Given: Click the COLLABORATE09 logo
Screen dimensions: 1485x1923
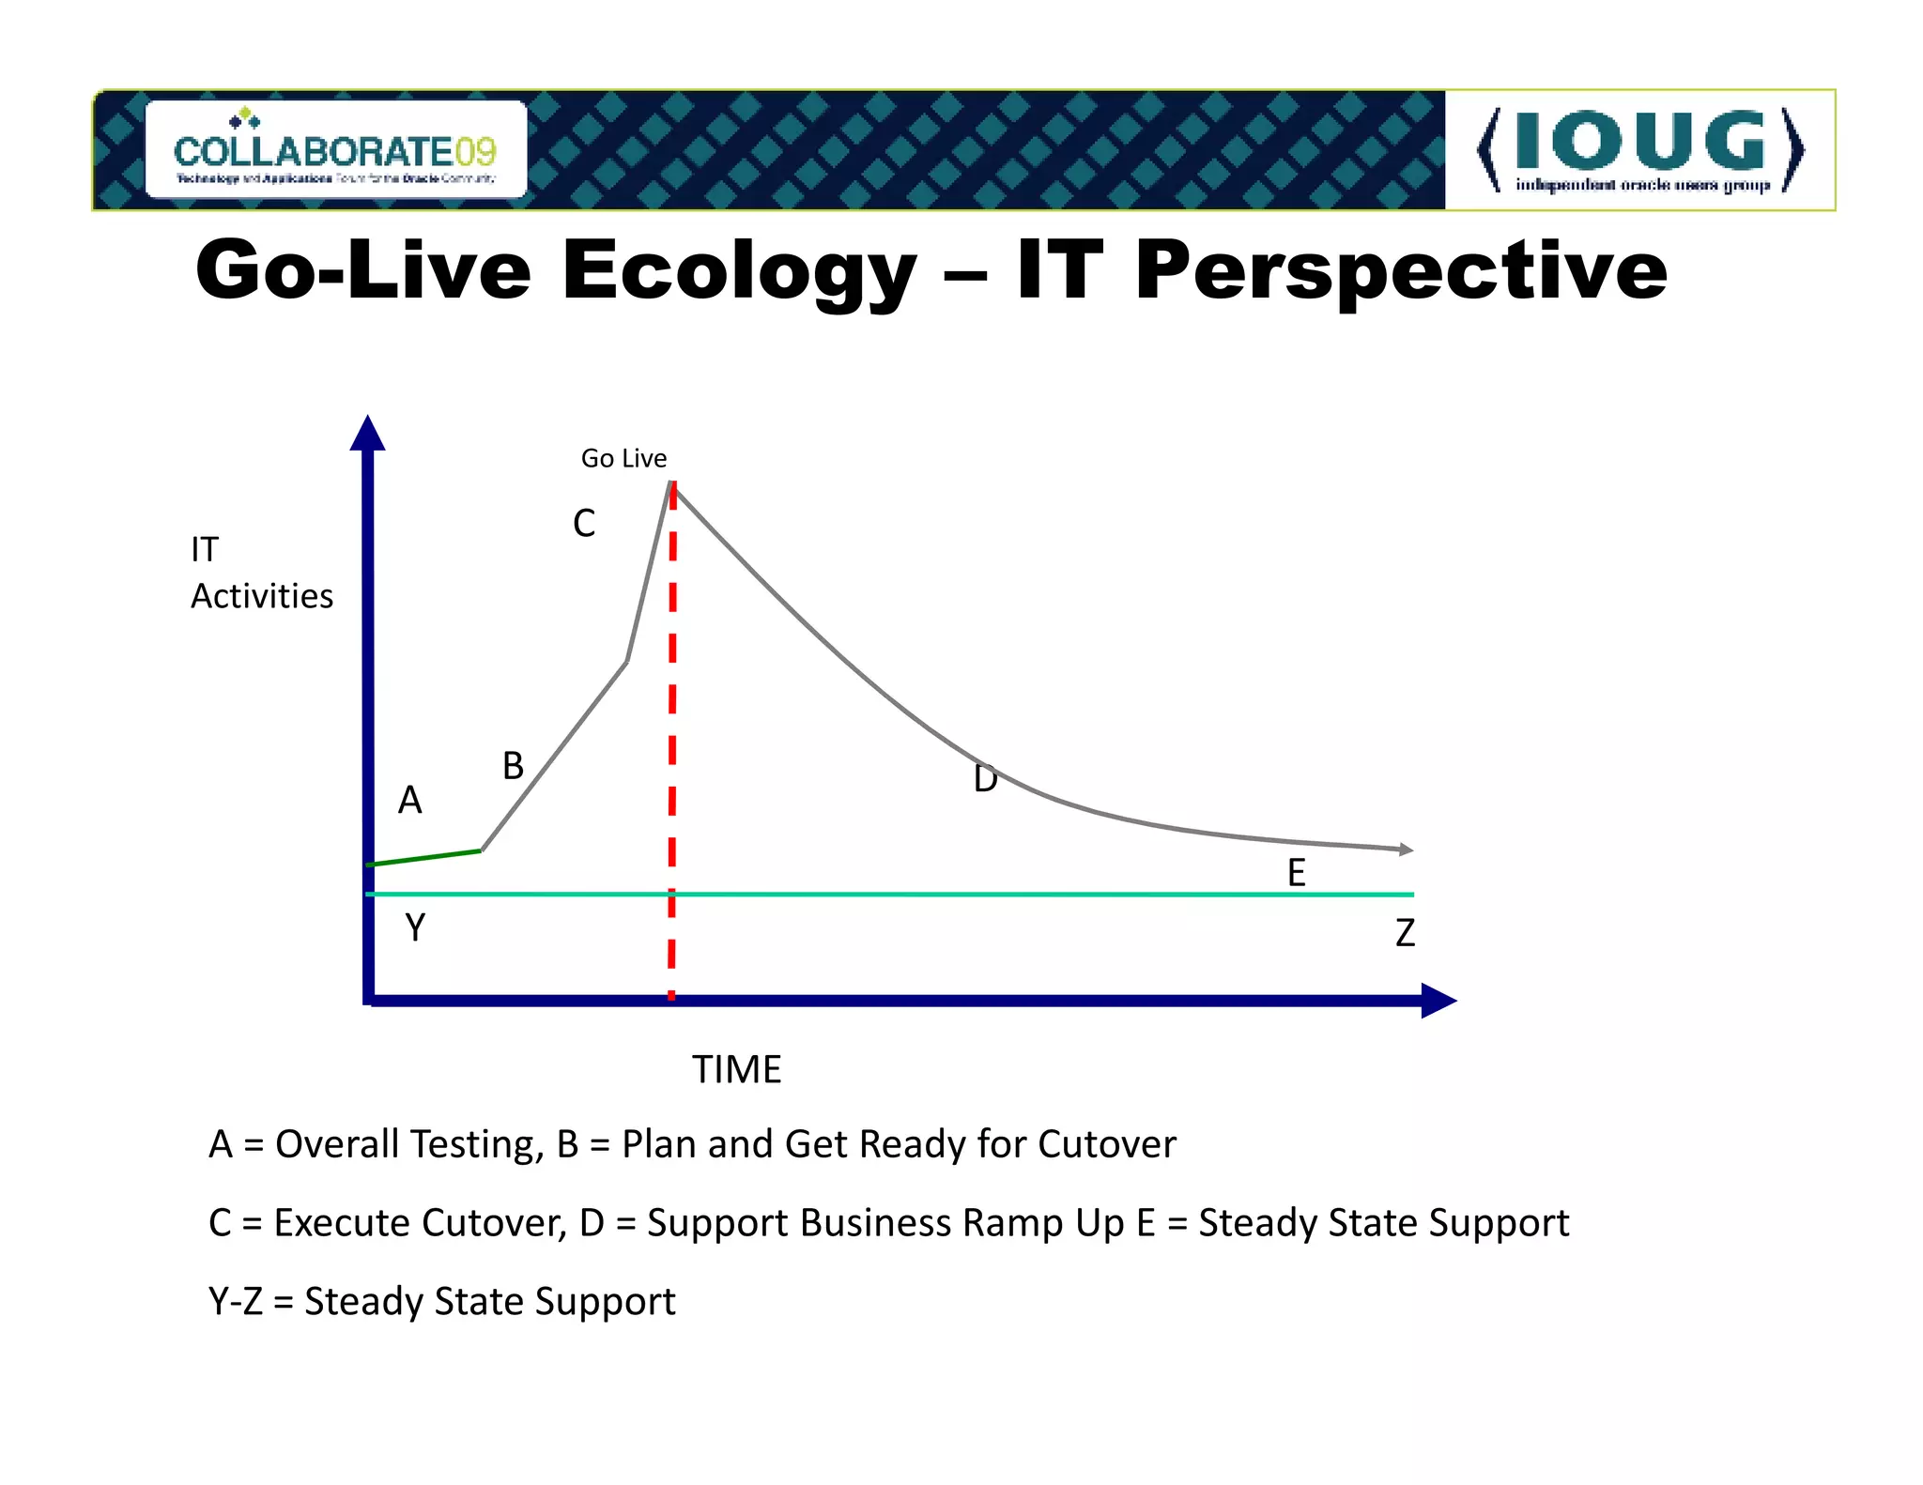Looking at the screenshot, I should coord(335,150).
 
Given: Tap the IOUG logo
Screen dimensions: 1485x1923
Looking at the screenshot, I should coord(1639,150).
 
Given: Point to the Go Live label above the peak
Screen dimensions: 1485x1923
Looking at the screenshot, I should coord(623,458).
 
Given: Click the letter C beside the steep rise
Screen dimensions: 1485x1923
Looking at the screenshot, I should coord(584,524).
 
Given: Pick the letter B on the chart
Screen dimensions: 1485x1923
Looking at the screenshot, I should coord(513,766).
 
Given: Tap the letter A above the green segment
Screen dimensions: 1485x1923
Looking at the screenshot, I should coord(410,801).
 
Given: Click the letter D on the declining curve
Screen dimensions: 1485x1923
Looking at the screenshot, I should coord(985,779).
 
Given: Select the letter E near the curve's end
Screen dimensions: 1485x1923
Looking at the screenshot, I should coord(1296,873).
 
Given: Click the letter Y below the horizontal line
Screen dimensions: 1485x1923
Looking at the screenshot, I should coord(415,927).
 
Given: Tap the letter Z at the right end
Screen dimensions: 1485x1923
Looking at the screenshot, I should coord(1405,933).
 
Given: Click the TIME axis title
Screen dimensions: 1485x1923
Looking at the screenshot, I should coord(737,1070).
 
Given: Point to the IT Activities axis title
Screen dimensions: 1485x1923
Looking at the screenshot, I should coord(261,573).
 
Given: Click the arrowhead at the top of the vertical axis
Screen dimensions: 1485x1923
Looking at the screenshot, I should coord(367,434).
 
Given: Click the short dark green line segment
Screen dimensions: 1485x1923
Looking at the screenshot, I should coord(424,858).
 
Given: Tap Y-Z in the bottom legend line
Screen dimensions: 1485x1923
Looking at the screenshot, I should coord(236,1302).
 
